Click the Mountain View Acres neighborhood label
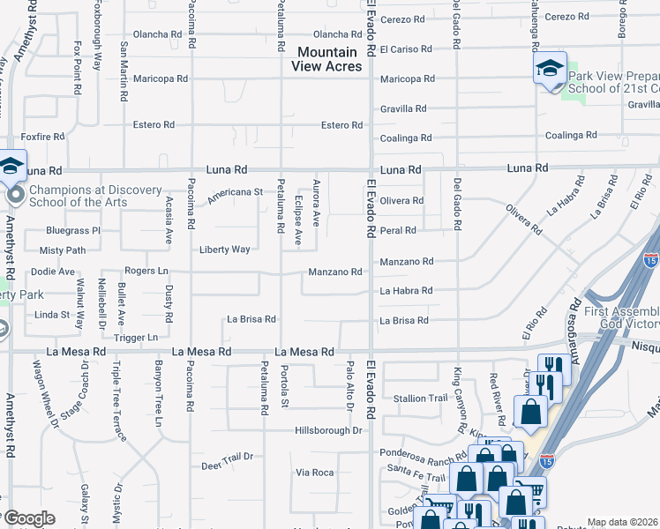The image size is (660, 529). tap(328, 60)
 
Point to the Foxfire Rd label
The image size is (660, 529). tap(43, 137)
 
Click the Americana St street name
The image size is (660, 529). tap(235, 191)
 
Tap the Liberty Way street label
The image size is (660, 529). tap(224, 250)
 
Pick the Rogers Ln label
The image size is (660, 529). tap(146, 271)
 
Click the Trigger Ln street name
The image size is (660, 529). tap(135, 337)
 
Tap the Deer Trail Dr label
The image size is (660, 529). tap(227, 456)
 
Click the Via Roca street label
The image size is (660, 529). tap(314, 473)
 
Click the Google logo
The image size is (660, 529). tap(28, 518)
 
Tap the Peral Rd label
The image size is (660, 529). tap(397, 230)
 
